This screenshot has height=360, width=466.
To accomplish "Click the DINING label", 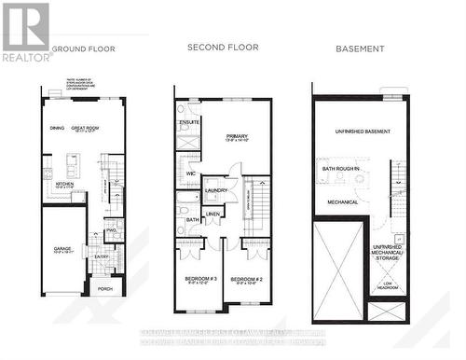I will [x=56, y=129].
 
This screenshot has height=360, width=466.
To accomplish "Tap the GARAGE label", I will [x=62, y=249].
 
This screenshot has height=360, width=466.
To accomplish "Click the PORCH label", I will [x=103, y=288].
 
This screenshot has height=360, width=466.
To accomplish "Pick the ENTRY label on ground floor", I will [x=101, y=256].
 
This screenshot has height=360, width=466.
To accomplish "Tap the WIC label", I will [x=190, y=174].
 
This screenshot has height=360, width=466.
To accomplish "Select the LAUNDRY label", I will [x=217, y=190].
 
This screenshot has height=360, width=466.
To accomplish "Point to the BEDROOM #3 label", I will [x=199, y=279].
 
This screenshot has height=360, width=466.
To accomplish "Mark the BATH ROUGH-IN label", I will [x=342, y=169].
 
